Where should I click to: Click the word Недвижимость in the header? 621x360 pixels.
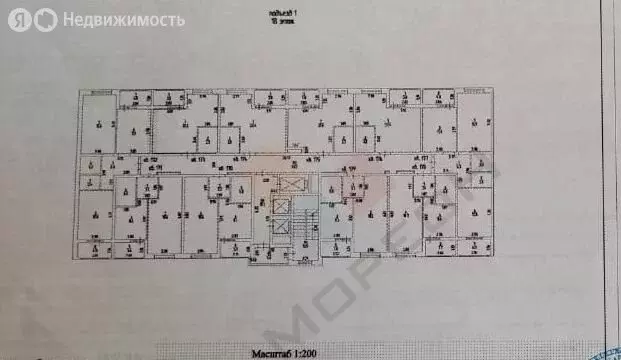(123, 19)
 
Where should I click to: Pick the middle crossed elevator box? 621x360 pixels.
(282, 206)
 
